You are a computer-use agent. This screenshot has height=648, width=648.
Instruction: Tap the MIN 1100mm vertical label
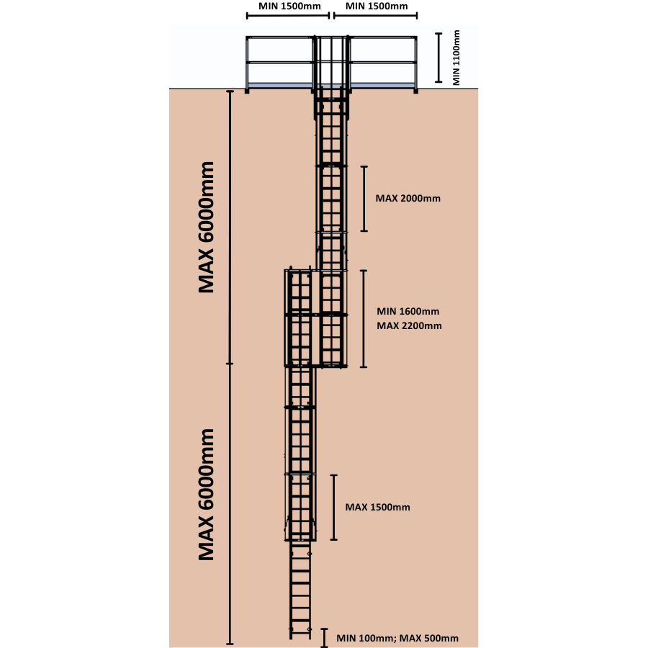[456, 58]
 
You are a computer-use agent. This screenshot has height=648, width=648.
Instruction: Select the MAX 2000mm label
[408, 198]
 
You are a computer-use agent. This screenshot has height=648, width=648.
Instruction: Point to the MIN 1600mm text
[408, 312]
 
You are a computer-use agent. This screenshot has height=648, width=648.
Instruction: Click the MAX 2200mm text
[409, 326]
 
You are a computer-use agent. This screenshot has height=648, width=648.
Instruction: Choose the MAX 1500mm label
[377, 507]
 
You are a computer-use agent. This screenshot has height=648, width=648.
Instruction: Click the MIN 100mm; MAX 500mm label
[397, 638]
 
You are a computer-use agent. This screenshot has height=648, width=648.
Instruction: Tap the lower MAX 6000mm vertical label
[207, 494]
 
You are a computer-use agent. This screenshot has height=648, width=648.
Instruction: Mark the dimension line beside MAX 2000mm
[364, 199]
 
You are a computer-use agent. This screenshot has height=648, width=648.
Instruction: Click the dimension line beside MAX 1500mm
[333, 507]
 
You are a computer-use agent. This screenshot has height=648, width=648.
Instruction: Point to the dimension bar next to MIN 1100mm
[438, 58]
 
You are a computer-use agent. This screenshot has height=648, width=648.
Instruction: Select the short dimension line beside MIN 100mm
[325, 638]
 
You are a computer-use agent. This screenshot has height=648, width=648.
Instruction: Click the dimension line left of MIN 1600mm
[364, 318]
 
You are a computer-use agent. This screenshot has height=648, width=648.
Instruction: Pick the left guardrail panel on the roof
[280, 63]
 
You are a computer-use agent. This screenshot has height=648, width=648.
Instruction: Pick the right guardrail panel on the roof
[382, 63]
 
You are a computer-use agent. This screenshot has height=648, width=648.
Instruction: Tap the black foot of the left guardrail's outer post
[248, 90]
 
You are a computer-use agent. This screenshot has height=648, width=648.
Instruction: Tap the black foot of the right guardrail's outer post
[415, 90]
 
